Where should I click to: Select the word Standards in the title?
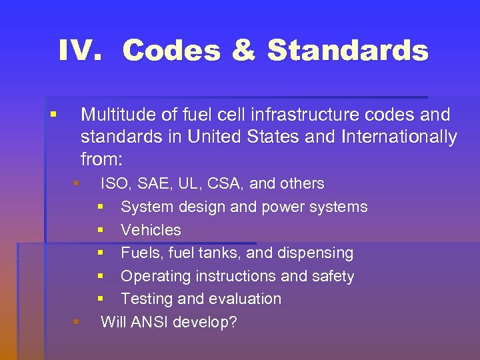[347, 50]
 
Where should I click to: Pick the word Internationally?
[399, 137]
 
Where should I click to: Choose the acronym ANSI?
[150, 322]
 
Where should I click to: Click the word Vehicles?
[151, 230]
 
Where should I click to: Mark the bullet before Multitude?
[53, 115]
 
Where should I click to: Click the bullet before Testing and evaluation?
[100, 299]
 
